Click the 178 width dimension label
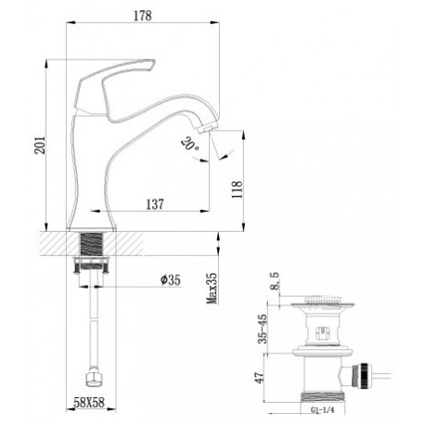[143, 16]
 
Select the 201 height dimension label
[40, 145]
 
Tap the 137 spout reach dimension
[155, 204]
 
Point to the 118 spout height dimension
[237, 189]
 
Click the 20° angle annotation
[190, 144]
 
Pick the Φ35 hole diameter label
[170, 279]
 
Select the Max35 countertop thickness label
[212, 289]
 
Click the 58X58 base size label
[89, 403]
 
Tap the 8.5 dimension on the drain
[275, 280]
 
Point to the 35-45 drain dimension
[263, 328]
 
